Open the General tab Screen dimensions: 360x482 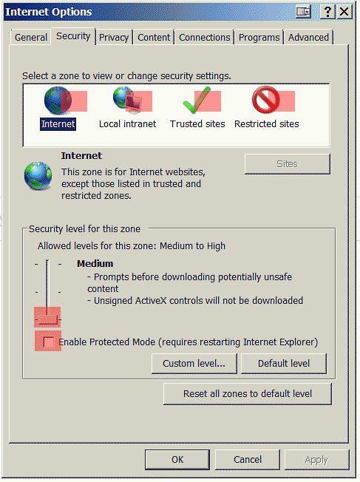(31, 38)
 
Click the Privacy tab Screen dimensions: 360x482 (114, 38)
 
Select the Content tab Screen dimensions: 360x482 (154, 38)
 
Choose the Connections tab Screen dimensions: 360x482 (205, 38)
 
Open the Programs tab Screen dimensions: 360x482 (259, 38)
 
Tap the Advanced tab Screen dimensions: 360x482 (308, 38)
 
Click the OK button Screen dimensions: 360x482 (177, 460)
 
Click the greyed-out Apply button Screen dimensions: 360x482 (316, 460)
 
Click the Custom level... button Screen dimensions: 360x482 (194, 363)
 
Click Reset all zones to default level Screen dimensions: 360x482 (248, 394)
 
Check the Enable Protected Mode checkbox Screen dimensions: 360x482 (48, 342)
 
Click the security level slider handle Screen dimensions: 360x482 (47, 319)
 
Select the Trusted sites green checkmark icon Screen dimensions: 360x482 (197, 100)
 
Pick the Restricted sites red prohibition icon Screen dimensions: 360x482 (266, 100)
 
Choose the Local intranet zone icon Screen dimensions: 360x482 (127, 98)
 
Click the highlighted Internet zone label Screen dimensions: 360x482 (58, 124)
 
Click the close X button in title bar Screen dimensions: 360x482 (344, 12)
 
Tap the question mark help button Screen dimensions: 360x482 (327, 12)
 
